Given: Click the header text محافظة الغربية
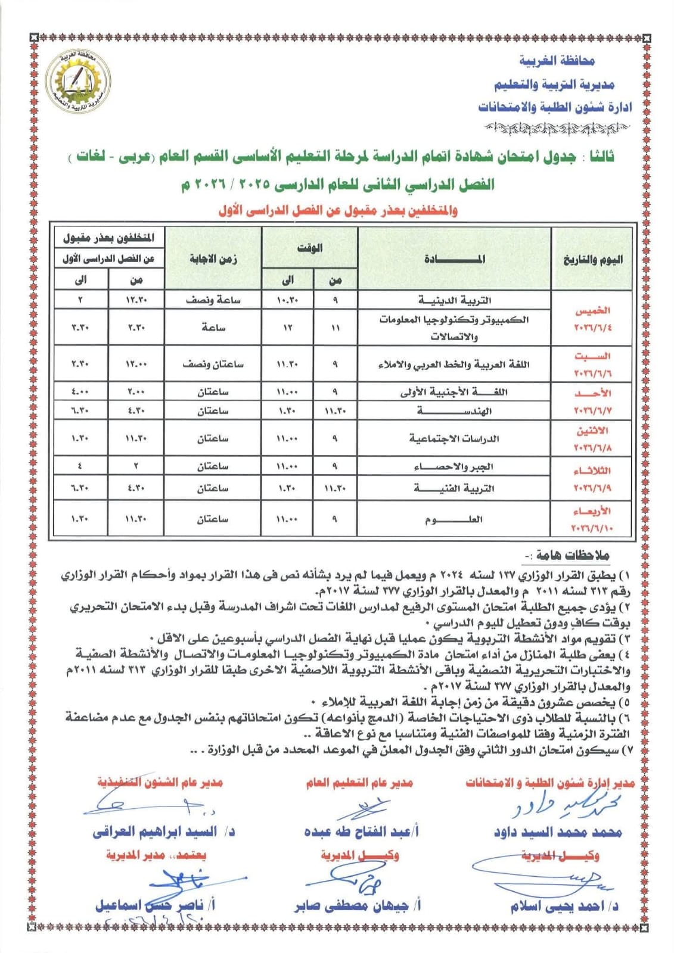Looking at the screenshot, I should point(557,61).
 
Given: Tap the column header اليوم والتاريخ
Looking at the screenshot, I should point(592,260).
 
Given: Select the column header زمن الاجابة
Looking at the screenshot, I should point(213,259).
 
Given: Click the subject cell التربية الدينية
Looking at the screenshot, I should point(454,300).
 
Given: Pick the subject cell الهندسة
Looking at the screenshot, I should point(454,410).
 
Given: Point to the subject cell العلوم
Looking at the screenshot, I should point(454,519).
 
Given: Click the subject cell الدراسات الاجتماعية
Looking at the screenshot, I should point(454,438).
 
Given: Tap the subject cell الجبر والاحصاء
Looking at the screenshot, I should point(454,466).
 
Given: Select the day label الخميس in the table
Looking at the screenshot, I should point(592,310).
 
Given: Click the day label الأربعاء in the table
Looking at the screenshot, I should point(592,511).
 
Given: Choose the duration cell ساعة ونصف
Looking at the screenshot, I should point(213,300).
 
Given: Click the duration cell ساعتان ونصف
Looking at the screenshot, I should point(213,364).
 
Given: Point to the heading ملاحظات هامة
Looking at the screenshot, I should point(572,555).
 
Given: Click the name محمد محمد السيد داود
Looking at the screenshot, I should point(557,831).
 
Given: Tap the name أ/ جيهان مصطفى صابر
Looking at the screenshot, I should point(358,906).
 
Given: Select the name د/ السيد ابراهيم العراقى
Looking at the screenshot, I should point(163,831).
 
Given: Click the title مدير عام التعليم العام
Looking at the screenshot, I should point(359,783).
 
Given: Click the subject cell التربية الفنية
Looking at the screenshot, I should point(454,488).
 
